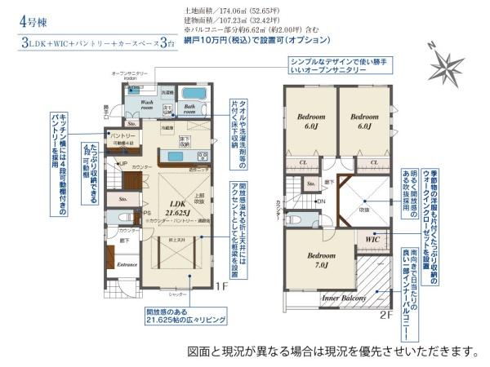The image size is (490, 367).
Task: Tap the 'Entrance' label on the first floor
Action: [127, 265]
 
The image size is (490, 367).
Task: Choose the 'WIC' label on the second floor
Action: [372, 239]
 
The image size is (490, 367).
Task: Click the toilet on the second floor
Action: [298, 221]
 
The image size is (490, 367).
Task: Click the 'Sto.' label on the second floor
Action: [310, 185]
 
